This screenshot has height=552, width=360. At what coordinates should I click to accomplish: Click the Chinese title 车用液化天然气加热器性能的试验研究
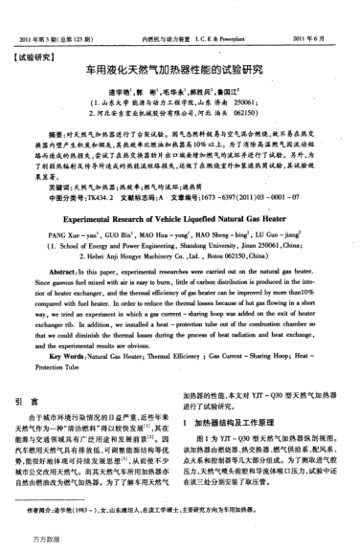point(179,70)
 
